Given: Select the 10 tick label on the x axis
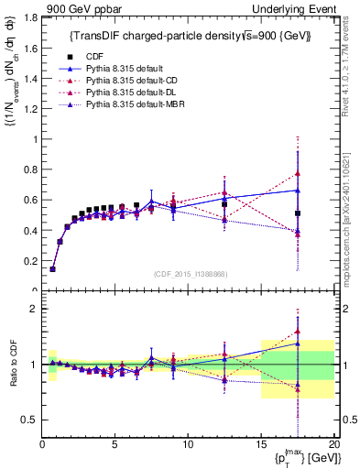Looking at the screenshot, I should coord(188,445).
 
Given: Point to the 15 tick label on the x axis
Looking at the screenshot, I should coord(261,445).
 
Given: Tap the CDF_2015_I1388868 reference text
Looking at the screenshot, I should coord(188,274).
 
